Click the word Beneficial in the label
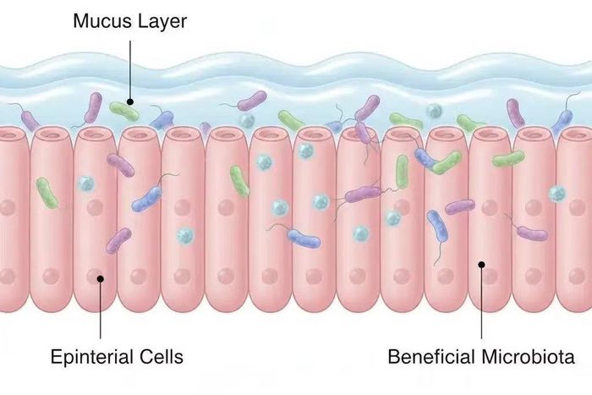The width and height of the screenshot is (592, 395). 431,357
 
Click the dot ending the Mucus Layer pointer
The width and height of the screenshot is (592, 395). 130,101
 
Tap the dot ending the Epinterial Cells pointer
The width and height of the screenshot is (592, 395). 101,278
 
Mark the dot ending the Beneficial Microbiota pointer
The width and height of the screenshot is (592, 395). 481,265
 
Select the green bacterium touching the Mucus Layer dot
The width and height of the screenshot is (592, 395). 123,112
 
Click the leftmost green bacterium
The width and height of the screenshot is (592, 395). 47,193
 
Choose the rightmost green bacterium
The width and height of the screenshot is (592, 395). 508,159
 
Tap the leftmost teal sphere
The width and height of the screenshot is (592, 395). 86,184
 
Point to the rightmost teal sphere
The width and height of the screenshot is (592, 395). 557,194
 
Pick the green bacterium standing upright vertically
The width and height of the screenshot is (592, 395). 402,172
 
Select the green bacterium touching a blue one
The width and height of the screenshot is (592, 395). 447,162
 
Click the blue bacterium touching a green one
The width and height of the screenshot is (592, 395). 425,158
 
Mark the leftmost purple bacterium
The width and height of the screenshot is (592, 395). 30,121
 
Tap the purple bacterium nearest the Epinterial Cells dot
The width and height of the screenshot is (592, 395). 118,240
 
